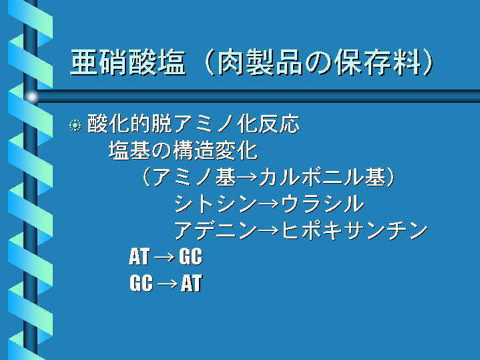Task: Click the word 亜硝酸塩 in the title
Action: pyautogui.click(x=128, y=63)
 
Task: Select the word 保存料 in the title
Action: pyautogui.click(x=379, y=63)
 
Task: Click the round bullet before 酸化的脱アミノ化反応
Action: pyautogui.click(x=75, y=126)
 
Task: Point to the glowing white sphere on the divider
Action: pyautogui.click(x=31, y=97)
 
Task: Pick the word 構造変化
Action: pyautogui.click(x=216, y=151)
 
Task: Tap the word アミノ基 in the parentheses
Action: pyautogui.click(x=194, y=177)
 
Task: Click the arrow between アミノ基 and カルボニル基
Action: pyautogui.click(x=248, y=178)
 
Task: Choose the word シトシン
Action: pyautogui.click(x=216, y=204)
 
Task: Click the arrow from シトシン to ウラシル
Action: pyautogui.click(x=269, y=204)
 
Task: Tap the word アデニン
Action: pyautogui.click(x=216, y=230)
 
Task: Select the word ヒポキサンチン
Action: pyautogui.click(x=354, y=230)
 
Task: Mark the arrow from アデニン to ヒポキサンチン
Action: pyautogui.click(x=269, y=230)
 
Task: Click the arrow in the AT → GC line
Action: pyautogui.click(x=164, y=257)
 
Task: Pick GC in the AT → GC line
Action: pyautogui.click(x=191, y=256)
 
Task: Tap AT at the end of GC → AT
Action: pyautogui.click(x=192, y=283)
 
